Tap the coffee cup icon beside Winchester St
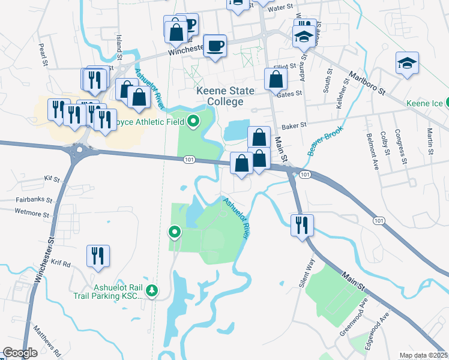click(x=215, y=46)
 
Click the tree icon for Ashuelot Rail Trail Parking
click(x=152, y=290)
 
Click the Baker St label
click(x=294, y=126)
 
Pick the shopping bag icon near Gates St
click(x=275, y=79)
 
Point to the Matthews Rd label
click(x=47, y=340)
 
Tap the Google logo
click(x=20, y=353)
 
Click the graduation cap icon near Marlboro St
click(x=407, y=62)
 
